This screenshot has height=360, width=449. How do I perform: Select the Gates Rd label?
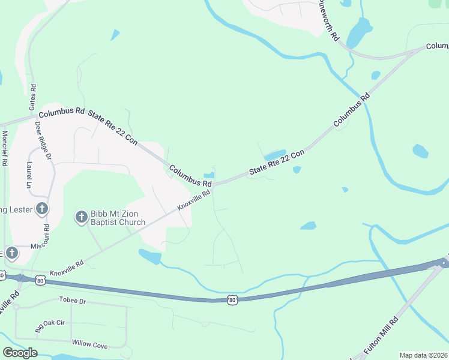[32, 97]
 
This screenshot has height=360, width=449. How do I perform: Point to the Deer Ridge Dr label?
[43, 140]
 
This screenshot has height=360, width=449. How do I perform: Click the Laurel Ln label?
[28, 175]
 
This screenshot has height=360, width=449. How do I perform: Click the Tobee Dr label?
[73, 299]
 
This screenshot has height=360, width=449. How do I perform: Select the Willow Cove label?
[89, 344]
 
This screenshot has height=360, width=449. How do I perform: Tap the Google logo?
[20, 353]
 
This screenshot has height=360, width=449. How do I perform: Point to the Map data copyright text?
[424, 355]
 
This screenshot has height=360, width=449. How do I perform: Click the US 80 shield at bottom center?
[232, 299]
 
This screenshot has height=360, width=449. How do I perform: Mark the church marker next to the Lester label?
[41, 209]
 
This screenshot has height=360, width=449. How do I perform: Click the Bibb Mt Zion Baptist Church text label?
[118, 218]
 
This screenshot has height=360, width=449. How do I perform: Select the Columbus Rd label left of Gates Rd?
[62, 112]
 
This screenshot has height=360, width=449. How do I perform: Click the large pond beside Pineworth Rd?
[359, 33]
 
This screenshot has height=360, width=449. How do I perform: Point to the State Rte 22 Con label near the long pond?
[277, 162]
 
